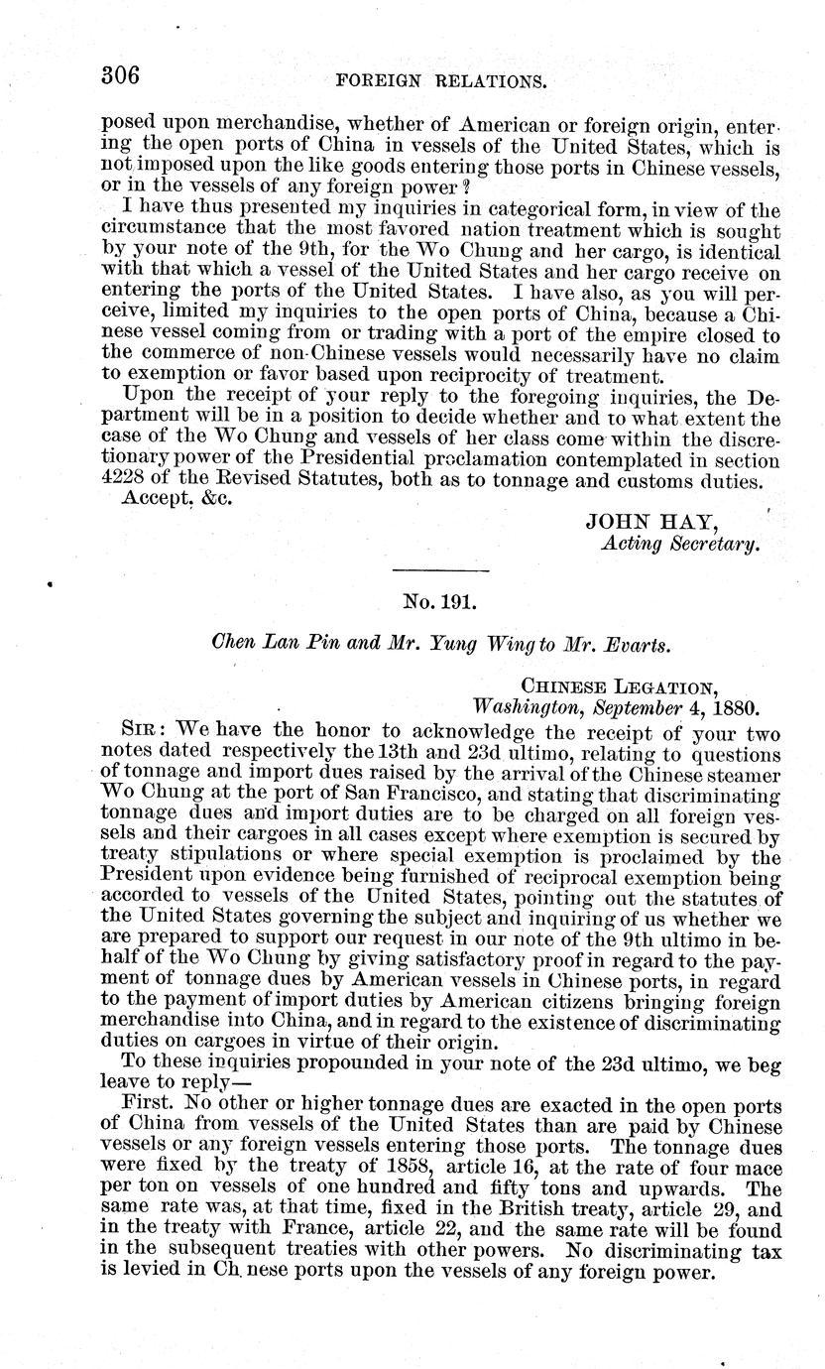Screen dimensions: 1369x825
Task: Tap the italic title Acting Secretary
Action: click(x=680, y=544)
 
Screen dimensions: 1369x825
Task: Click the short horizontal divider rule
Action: click(x=441, y=569)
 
